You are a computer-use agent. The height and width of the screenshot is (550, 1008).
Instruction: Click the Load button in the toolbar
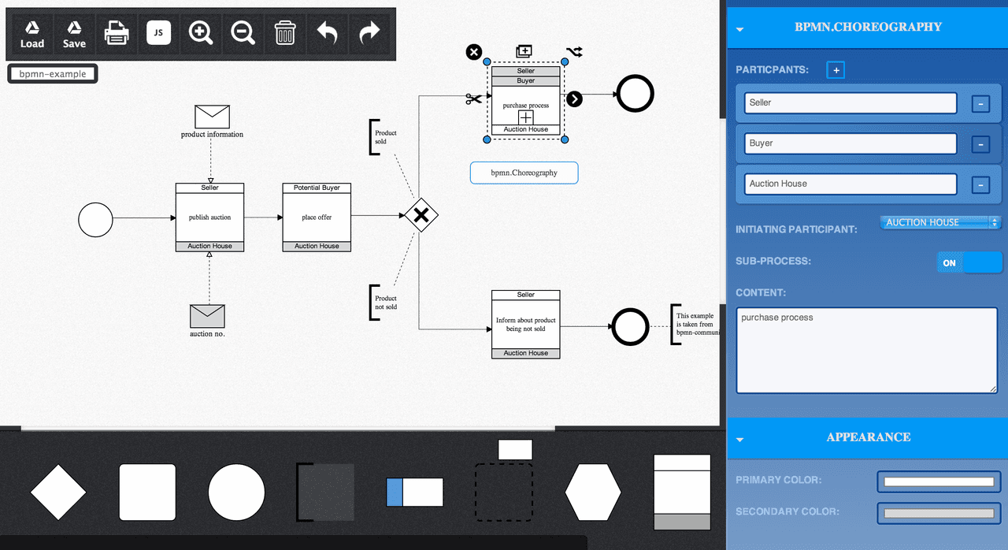point(32,34)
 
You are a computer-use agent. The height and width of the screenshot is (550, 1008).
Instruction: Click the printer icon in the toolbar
point(117,33)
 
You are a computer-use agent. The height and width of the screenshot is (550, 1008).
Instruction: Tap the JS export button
point(158,32)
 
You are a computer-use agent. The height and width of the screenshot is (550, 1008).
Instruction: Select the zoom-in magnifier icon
point(200,33)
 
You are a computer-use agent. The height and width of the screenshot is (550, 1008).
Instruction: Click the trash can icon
point(285,33)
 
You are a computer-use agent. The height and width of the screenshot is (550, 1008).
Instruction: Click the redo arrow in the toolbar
point(369,32)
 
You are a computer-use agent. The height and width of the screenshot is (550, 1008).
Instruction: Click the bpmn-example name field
point(53,74)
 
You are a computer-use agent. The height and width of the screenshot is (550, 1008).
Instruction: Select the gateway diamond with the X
point(421,215)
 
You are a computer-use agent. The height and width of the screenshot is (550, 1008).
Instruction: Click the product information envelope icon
point(212,117)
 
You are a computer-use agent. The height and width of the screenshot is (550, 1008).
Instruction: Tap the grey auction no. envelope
point(207,316)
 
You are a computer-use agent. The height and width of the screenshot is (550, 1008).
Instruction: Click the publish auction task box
point(209,217)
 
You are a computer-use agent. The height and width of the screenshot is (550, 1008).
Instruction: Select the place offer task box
point(317,217)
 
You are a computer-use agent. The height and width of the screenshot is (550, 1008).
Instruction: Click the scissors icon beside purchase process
point(473,98)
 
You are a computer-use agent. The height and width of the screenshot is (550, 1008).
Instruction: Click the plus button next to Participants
point(836,70)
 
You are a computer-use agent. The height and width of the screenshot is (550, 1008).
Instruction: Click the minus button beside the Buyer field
point(980,144)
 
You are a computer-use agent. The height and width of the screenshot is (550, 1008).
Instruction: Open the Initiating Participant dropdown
point(939,222)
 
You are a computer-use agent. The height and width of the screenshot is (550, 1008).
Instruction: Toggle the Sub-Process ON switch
point(969,263)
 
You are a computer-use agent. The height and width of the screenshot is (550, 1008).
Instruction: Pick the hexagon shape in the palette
point(593,492)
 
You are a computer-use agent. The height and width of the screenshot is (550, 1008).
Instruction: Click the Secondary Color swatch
point(939,513)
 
